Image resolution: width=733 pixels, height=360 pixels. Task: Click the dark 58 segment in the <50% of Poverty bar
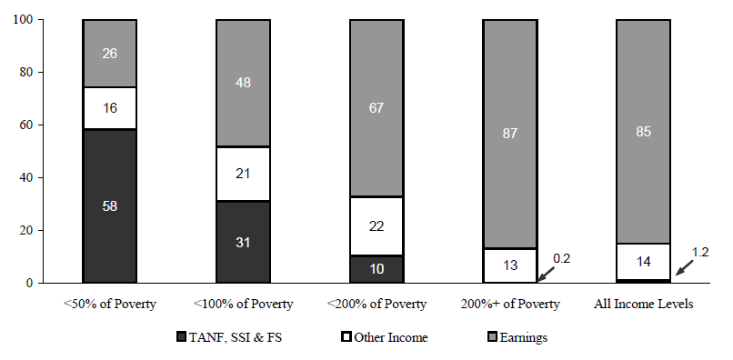(x=109, y=205)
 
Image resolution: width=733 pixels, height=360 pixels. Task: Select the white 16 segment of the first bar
(x=109, y=108)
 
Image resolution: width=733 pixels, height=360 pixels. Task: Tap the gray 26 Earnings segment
(x=109, y=53)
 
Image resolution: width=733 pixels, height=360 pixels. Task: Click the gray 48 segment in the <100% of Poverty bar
(x=243, y=82)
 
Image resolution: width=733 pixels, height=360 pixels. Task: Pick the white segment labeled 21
(x=243, y=174)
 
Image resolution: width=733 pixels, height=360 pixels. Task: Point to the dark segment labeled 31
(x=243, y=242)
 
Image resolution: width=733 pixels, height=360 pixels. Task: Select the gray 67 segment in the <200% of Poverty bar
(x=377, y=107)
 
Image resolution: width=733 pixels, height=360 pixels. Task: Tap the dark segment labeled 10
(x=377, y=269)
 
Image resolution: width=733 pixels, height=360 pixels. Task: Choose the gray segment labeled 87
(x=510, y=133)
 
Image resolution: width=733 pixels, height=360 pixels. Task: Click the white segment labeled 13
(x=510, y=265)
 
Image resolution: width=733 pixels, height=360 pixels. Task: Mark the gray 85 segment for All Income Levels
(x=644, y=131)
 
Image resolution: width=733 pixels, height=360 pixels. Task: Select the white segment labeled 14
(x=644, y=262)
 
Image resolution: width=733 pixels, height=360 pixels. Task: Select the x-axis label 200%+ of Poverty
(x=510, y=305)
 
